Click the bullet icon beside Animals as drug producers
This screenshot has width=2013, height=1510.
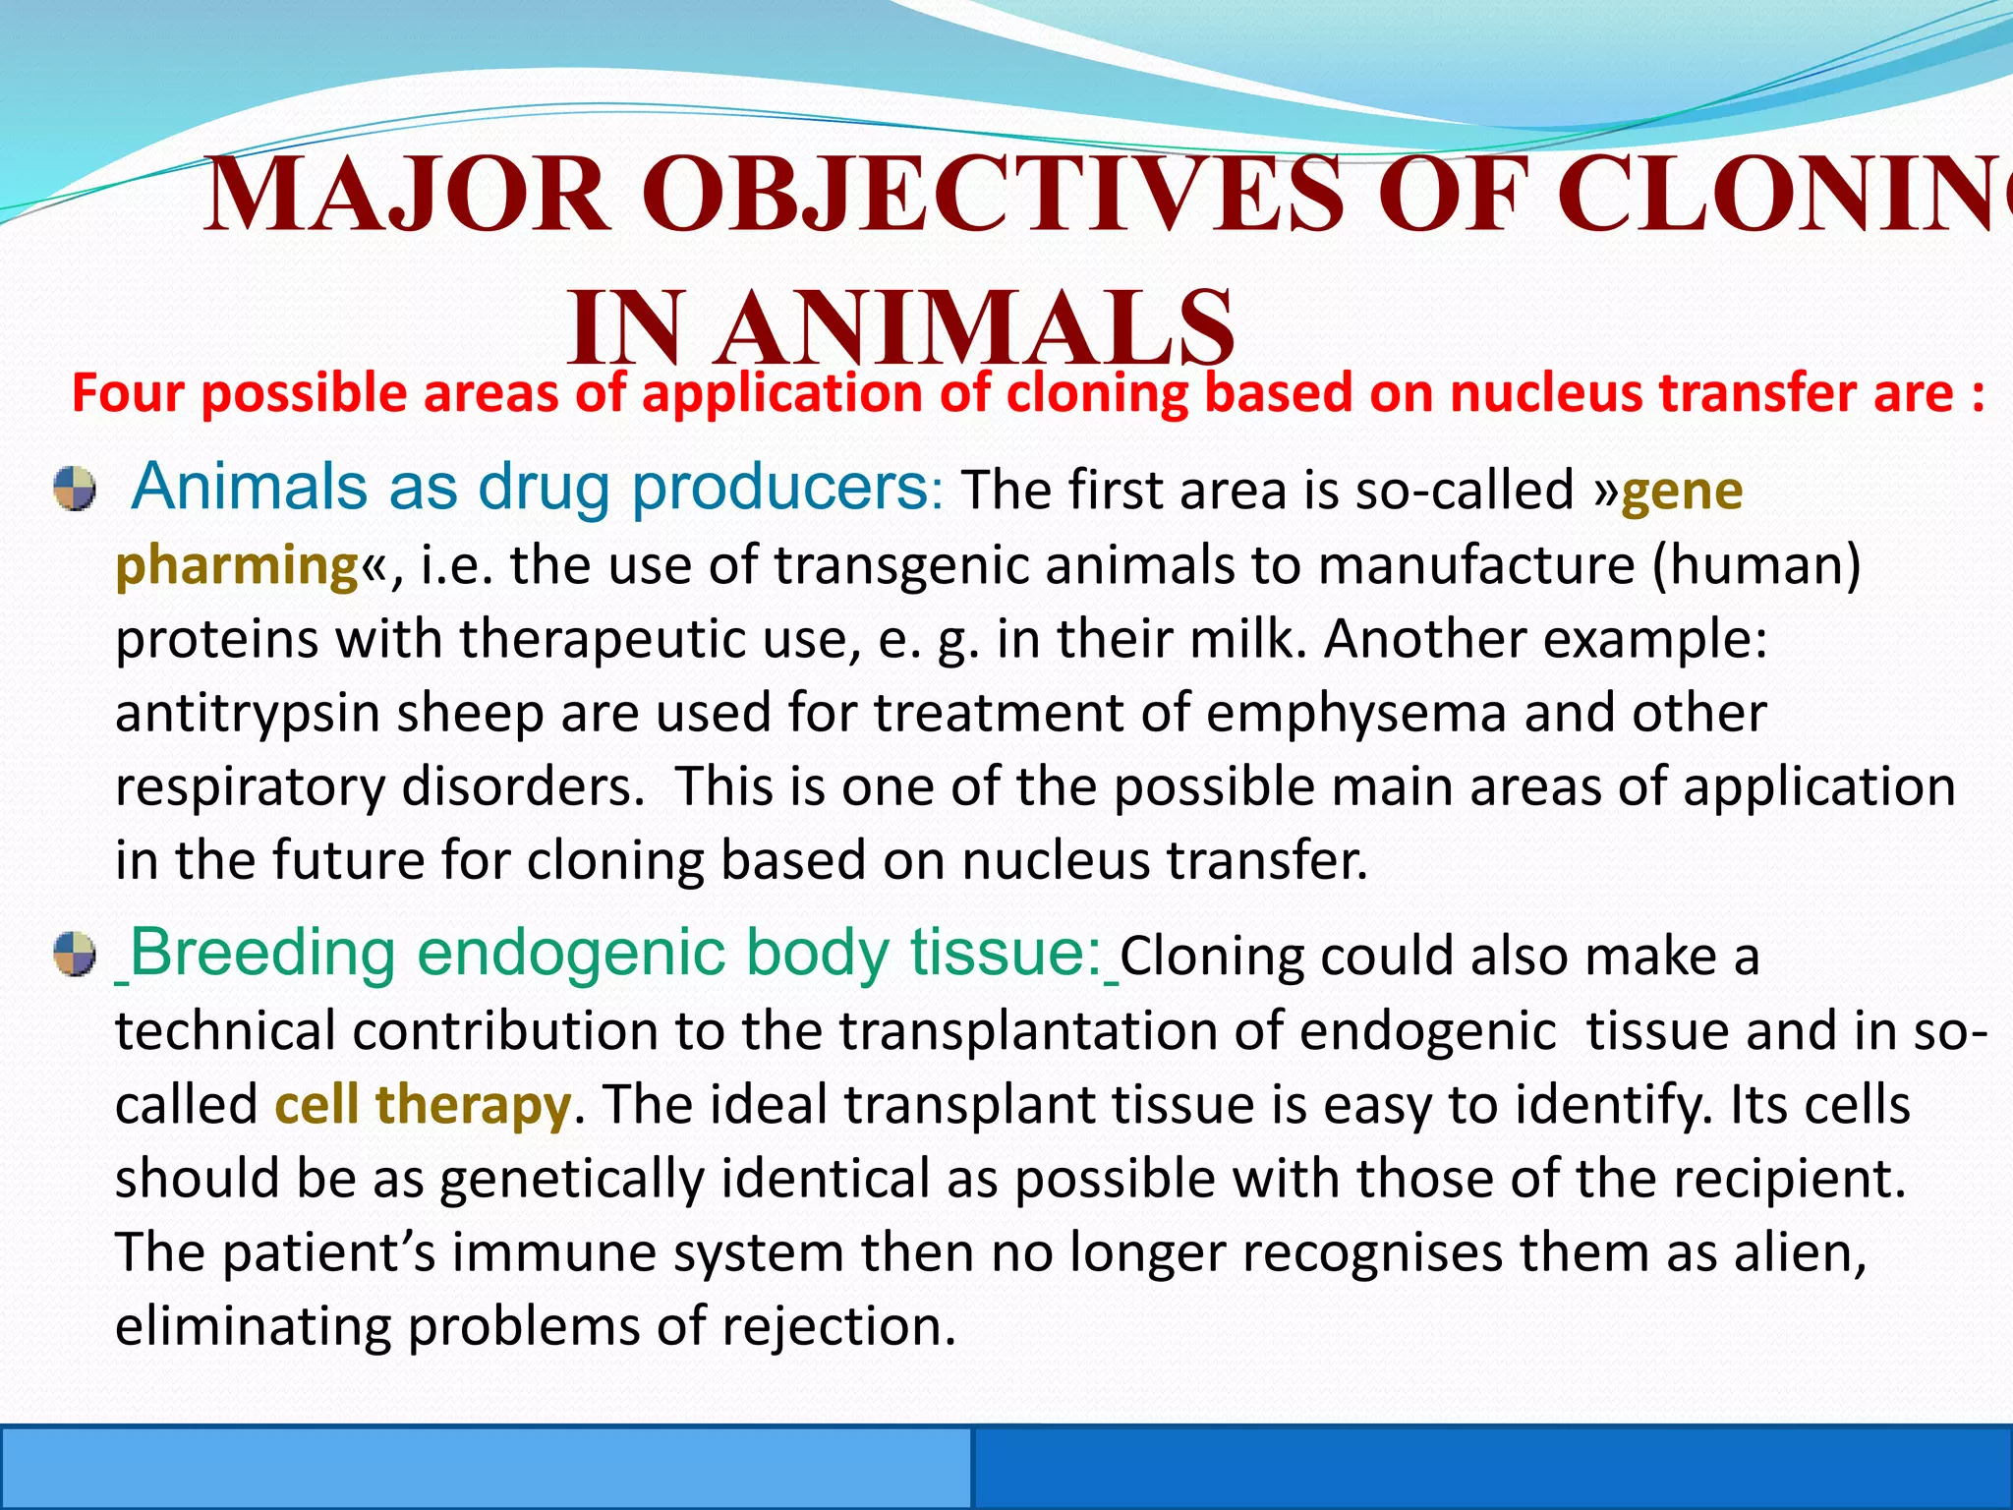(75, 489)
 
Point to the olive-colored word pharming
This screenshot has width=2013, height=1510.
(237, 566)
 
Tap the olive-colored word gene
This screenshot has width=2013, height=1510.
(1682, 490)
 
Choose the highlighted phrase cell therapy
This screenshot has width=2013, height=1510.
(423, 1104)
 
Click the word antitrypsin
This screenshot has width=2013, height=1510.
(247, 713)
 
